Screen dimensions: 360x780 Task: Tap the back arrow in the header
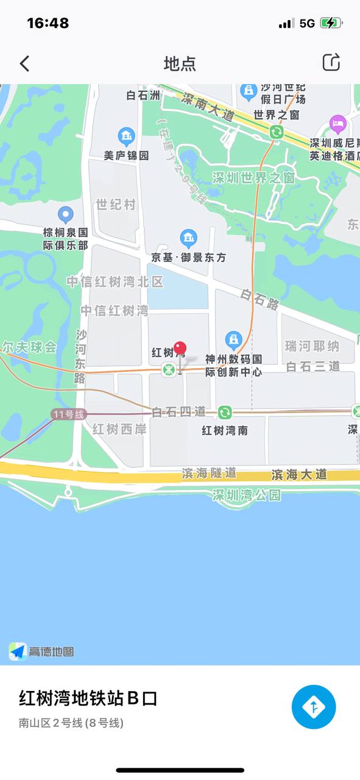[24, 63]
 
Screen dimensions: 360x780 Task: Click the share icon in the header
[331, 62]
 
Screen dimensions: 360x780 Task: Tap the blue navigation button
[314, 707]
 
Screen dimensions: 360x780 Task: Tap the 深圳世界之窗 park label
[253, 177]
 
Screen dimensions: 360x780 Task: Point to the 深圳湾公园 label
[247, 495]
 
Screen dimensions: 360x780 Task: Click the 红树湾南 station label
[225, 430]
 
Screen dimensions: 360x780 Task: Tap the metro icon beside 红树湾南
[225, 413]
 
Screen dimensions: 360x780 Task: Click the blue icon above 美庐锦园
[126, 136]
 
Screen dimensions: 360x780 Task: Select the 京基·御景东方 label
[188, 257]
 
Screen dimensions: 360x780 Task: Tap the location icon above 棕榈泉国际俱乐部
[65, 214]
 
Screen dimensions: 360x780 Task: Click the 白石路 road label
[259, 299]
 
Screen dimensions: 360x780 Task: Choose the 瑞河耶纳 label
[312, 346]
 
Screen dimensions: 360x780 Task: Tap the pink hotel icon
[337, 125]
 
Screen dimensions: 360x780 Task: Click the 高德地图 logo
[41, 651]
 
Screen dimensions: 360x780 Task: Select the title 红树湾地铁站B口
[88, 698]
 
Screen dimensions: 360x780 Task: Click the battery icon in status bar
[331, 23]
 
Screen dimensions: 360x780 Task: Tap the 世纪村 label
[116, 204]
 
